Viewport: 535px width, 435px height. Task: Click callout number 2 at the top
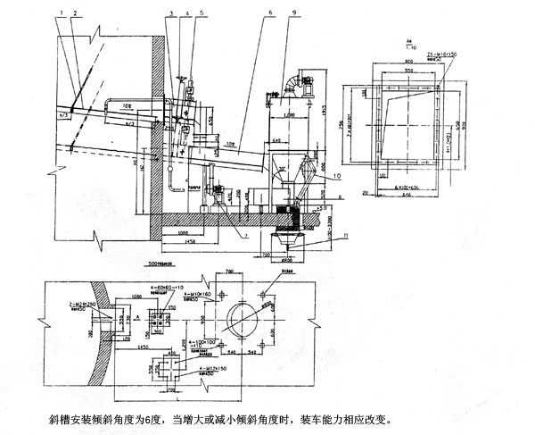(75, 13)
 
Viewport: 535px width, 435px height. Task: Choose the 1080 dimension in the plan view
(137, 293)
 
